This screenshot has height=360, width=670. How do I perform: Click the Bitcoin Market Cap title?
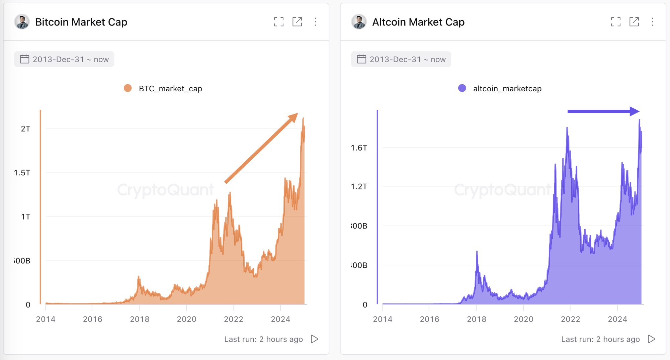[81, 22]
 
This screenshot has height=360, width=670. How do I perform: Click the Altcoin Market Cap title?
[418, 22]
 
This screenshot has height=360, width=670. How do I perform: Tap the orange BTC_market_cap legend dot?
[128, 88]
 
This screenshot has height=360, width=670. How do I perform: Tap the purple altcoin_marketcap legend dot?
[462, 88]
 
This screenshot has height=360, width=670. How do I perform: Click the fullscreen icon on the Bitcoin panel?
[278, 22]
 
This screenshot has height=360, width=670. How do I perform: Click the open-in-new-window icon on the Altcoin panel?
[634, 22]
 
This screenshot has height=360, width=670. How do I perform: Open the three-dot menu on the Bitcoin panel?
[315, 22]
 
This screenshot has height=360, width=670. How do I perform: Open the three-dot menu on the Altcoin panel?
[652, 22]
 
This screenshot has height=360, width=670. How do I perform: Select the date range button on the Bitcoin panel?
[64, 59]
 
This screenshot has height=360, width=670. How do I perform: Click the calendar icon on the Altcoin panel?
[361, 59]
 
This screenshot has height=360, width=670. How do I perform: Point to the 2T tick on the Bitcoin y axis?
[25, 129]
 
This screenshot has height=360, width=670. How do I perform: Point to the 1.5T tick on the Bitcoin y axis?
[22, 173]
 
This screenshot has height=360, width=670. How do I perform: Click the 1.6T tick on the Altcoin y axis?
[359, 148]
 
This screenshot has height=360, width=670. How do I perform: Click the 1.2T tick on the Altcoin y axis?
[359, 186]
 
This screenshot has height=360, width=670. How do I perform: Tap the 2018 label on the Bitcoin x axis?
[140, 319]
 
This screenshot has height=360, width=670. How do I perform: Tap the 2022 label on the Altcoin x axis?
[570, 319]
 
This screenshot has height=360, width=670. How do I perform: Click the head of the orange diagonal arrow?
[294, 117]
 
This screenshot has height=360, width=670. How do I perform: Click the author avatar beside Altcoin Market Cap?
[359, 22]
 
